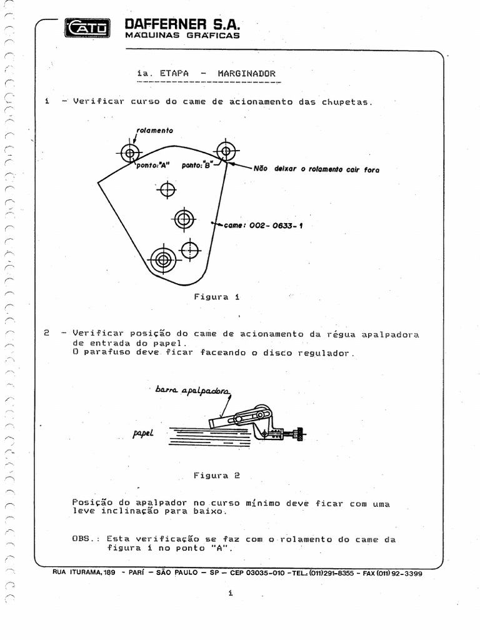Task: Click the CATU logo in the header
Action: (87, 27)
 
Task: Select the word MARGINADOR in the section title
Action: (246, 73)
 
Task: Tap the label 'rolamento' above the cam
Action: (154, 131)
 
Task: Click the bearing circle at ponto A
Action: (129, 152)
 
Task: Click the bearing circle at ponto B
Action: (226, 151)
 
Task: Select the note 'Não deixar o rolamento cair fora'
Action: (316, 169)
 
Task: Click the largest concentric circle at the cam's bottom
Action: (163, 259)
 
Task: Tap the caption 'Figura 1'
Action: (217, 297)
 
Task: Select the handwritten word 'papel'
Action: (142, 432)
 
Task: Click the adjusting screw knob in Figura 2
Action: (302, 433)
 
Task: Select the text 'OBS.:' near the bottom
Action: (86, 539)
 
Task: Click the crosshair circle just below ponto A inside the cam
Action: (167, 189)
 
